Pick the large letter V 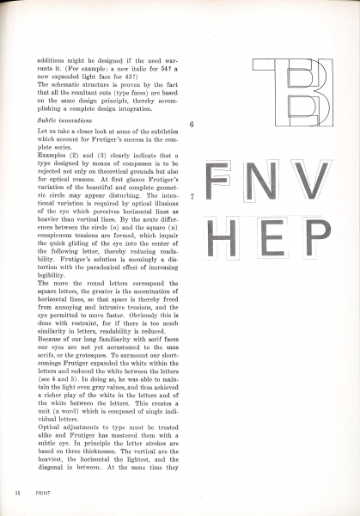coord(311,178)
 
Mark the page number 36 coord(17,493)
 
